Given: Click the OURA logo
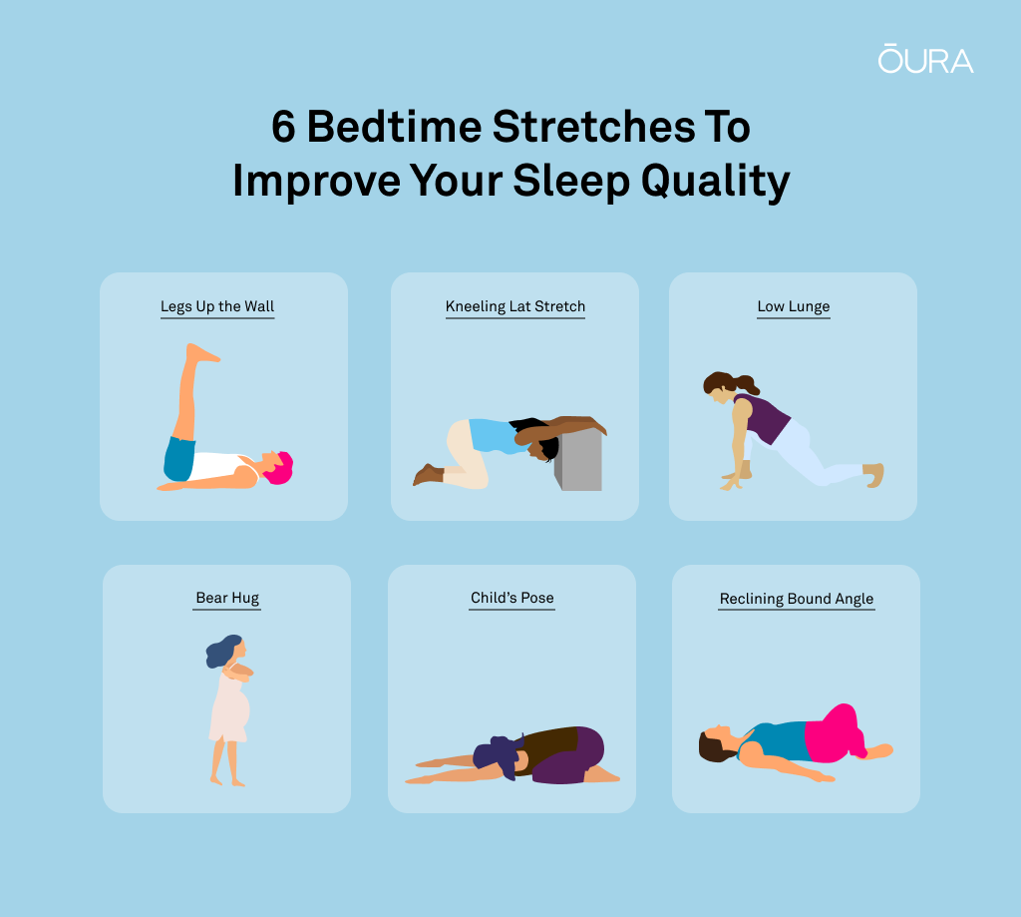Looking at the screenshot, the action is pyautogui.click(x=925, y=59).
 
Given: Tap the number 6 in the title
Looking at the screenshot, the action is pyautogui.click(x=284, y=127).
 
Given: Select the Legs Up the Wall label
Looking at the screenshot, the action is pyautogui.click(x=217, y=306).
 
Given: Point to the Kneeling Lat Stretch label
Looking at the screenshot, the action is pyautogui.click(x=515, y=306).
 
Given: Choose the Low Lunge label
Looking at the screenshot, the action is pyautogui.click(x=793, y=306).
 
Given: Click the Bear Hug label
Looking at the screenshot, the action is pyautogui.click(x=227, y=598).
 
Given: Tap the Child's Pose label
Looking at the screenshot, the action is pyautogui.click(x=511, y=598).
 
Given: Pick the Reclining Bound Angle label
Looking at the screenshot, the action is pyautogui.click(x=797, y=599).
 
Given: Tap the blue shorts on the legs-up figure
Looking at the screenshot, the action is pyautogui.click(x=179, y=459).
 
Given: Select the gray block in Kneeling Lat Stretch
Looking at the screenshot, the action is pyautogui.click(x=579, y=459).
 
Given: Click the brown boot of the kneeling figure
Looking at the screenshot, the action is pyautogui.click(x=428, y=474).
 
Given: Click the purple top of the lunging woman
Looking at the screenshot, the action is pyautogui.click(x=765, y=418).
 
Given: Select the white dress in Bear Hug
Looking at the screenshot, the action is pyautogui.click(x=229, y=707).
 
